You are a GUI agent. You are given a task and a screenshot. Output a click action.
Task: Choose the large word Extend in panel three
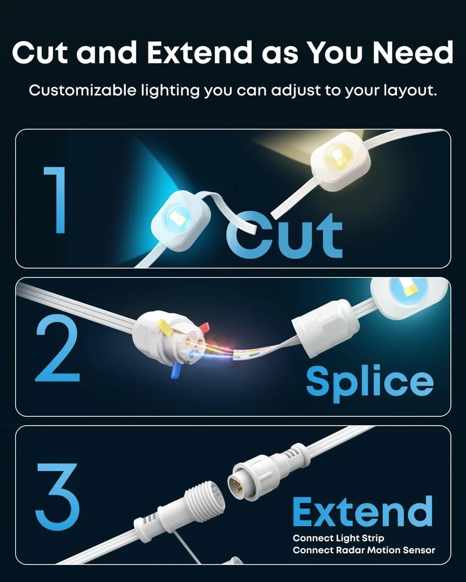[362, 512]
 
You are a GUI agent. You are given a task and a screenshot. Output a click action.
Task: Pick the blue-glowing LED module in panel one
[180, 218]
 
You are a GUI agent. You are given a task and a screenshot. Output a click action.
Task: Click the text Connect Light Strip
[338, 538]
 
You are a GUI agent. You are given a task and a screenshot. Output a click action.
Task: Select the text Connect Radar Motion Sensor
[363, 550]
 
